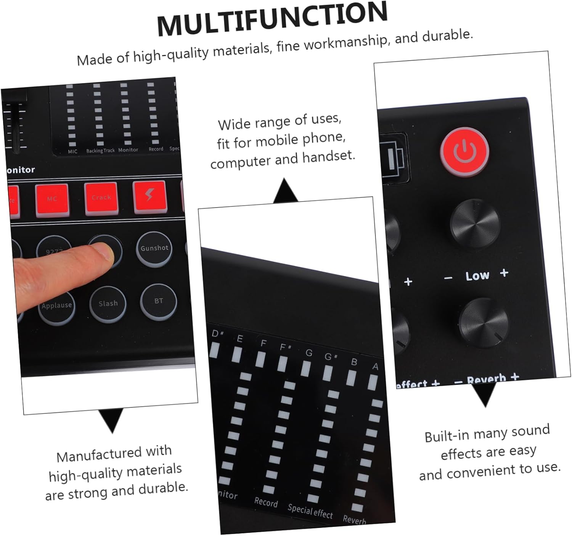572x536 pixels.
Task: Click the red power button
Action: point(464,151)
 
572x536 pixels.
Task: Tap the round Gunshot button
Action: point(154,249)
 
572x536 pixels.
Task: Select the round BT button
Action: point(159,301)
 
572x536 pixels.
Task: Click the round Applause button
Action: point(57,306)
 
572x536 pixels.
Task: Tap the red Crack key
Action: point(101,198)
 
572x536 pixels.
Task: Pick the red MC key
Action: point(52,199)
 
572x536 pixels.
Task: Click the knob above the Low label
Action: point(475,222)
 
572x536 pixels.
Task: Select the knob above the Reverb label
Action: point(484,323)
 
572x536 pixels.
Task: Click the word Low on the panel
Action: point(477,275)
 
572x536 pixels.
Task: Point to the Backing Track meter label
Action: point(100,151)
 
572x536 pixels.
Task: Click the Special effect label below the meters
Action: point(310,511)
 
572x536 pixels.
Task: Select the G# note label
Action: point(330,357)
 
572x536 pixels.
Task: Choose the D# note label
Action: point(217,334)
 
